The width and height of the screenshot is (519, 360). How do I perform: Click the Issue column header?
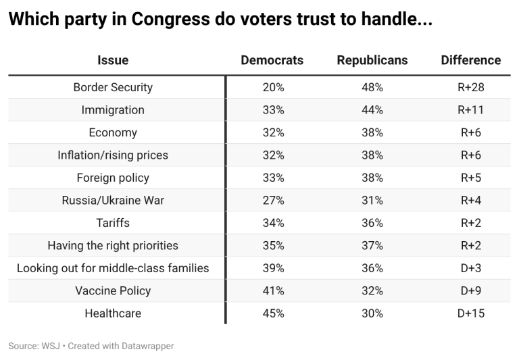point(113,60)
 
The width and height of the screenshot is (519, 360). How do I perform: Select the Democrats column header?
point(272,60)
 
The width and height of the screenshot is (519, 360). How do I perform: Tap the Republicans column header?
point(372,60)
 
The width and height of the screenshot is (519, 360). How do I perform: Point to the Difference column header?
point(471,60)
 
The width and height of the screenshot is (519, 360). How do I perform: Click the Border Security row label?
point(113,87)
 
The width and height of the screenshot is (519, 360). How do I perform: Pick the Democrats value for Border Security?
point(273,87)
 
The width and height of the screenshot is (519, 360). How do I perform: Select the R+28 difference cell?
point(471,87)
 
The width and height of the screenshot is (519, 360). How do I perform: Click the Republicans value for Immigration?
point(372,110)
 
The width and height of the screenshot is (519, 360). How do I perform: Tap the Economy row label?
point(113,132)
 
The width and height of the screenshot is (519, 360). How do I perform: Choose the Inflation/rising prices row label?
point(113,155)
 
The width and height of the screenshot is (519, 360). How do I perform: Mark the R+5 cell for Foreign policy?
point(471,178)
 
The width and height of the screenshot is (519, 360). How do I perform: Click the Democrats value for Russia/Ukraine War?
point(273,201)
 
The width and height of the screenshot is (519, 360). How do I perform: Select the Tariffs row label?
point(113,223)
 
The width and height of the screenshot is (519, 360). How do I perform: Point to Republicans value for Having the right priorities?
point(372,246)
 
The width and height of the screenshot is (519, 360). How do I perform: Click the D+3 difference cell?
point(471,268)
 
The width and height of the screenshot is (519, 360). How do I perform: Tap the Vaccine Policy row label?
point(113,291)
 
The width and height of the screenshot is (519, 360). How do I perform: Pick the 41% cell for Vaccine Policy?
point(273,291)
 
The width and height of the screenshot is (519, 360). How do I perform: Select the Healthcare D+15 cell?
point(471,313)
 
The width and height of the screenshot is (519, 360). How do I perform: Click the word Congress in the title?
point(186,21)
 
